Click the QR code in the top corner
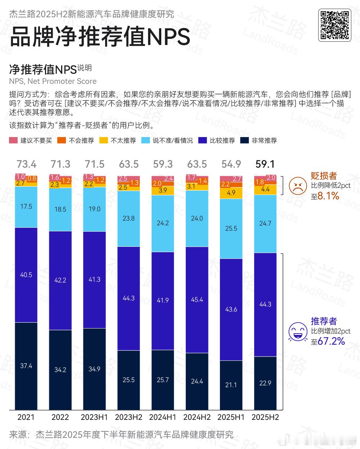click(x=334, y=25)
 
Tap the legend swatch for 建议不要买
click(x=13, y=140)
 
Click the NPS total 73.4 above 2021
click(x=26, y=164)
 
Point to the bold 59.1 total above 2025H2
click(x=265, y=164)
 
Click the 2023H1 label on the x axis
click(x=94, y=417)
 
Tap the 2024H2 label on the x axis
click(x=197, y=417)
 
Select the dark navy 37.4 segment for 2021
click(x=26, y=366)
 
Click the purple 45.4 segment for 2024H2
click(x=197, y=300)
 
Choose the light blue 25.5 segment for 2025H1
click(x=231, y=228)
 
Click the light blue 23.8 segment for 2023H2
click(x=129, y=218)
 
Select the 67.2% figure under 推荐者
click(x=331, y=341)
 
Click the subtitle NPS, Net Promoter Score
click(x=53, y=81)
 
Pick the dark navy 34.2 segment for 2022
click(x=60, y=370)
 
